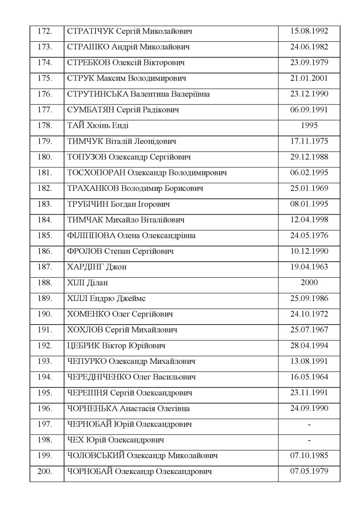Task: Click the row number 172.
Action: coord(45,31)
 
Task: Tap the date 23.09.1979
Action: coord(309,62)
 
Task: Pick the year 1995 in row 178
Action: coord(309,125)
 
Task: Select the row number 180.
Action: coord(45,157)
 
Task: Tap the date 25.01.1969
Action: coord(309,188)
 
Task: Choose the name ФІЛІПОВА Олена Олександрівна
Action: coord(132,235)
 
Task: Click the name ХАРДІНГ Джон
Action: coord(97,267)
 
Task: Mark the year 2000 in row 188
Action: coord(309,282)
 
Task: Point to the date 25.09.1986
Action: coord(309,298)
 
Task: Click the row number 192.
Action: coord(45,346)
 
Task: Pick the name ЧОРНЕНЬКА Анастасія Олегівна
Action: coord(128,408)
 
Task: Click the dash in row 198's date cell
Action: coord(309,440)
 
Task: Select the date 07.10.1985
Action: coord(309,455)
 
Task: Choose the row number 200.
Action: coord(45,471)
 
